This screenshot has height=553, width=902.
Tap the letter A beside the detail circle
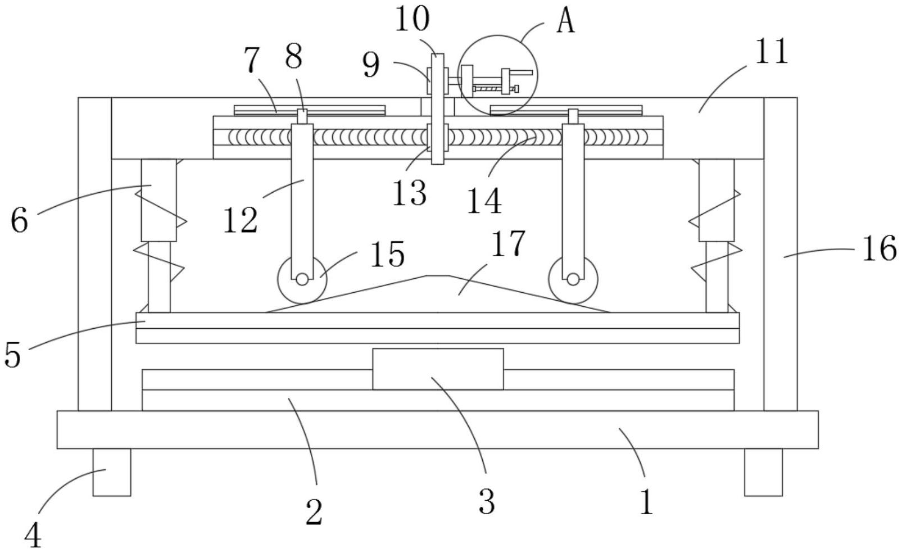point(566,21)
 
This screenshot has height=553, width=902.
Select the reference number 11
point(772,52)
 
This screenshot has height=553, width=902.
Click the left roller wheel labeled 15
point(302,279)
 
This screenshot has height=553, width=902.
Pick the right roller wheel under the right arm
point(573,279)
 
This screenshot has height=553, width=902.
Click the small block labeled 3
point(438,369)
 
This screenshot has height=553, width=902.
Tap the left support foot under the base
point(112,472)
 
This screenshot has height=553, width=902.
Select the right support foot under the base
point(763,472)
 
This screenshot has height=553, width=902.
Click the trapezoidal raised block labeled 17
point(438,295)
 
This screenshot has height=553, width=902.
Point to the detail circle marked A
point(498,75)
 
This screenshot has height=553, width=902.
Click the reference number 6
point(19,220)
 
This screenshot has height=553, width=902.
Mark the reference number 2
point(314,512)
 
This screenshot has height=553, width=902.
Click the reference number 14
point(484,201)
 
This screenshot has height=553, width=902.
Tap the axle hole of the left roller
point(302,279)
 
